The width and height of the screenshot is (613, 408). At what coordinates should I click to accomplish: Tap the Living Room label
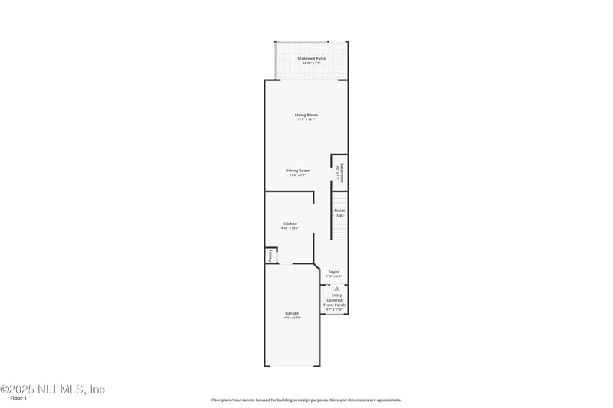tap(306, 115)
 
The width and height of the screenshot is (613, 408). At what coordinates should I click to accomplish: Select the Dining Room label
tap(297, 171)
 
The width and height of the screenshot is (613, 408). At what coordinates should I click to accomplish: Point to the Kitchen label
tap(289, 224)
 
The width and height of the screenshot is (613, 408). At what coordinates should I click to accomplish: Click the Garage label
tap(292, 313)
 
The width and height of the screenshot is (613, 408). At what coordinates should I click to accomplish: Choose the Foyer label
tap(333, 272)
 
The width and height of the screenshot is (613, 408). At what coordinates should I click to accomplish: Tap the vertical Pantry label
tap(270, 256)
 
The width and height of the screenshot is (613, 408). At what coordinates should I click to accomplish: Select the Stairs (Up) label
tap(339, 213)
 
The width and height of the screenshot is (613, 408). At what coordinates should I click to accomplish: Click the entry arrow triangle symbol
tap(336, 288)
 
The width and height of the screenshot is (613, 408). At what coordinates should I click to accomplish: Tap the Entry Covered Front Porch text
tap(337, 300)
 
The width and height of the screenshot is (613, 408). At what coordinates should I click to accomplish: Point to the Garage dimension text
tap(292, 318)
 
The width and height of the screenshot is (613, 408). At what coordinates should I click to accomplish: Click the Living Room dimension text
tap(306, 119)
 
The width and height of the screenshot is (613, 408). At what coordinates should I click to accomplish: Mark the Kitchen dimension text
tap(289, 228)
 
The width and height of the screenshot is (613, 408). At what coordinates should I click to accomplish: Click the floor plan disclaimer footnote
tap(306, 400)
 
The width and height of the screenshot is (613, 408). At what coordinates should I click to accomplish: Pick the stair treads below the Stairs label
tap(339, 230)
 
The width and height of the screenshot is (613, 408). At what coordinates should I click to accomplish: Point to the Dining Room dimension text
tap(297, 175)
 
